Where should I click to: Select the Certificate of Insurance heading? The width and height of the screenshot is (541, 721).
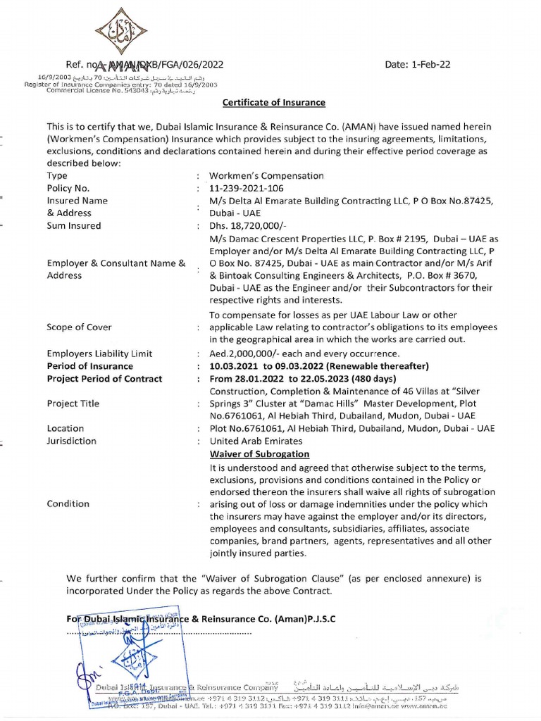(x=274, y=102)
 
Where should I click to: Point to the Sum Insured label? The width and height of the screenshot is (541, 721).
(x=74, y=225)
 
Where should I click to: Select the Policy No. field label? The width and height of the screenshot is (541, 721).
(x=68, y=188)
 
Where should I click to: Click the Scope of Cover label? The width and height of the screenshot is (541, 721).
(x=78, y=327)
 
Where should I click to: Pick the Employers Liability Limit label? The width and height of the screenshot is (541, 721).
(x=99, y=353)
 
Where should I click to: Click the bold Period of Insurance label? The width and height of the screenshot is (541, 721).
(x=89, y=366)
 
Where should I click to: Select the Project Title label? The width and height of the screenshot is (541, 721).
(x=74, y=403)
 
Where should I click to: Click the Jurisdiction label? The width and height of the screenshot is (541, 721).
(x=72, y=441)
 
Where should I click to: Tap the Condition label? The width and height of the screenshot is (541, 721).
(x=68, y=503)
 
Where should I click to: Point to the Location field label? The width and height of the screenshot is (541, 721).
(x=66, y=428)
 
